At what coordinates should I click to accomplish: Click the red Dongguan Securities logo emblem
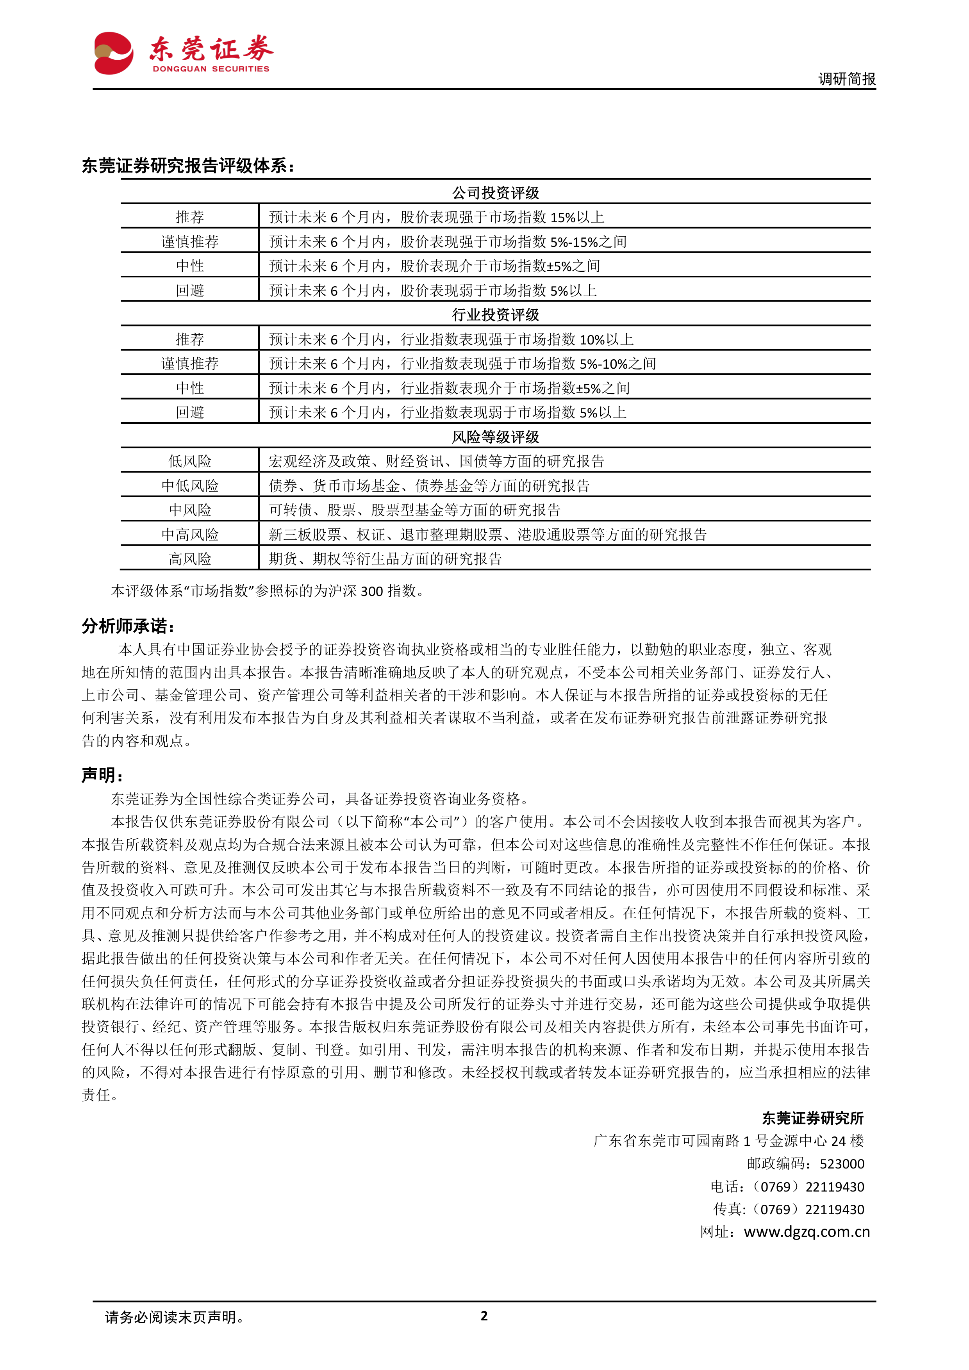113,53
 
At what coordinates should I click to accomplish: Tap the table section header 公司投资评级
495,193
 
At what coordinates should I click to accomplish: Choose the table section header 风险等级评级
495,437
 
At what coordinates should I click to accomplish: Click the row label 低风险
190,461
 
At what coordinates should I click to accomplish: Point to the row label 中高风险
190,535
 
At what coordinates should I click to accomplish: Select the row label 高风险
190,559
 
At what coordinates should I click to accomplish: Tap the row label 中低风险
190,486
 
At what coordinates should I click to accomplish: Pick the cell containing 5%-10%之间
462,363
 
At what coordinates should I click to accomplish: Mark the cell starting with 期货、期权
385,559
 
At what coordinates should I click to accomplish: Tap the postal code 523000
841,1163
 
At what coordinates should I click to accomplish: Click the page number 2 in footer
484,1316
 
